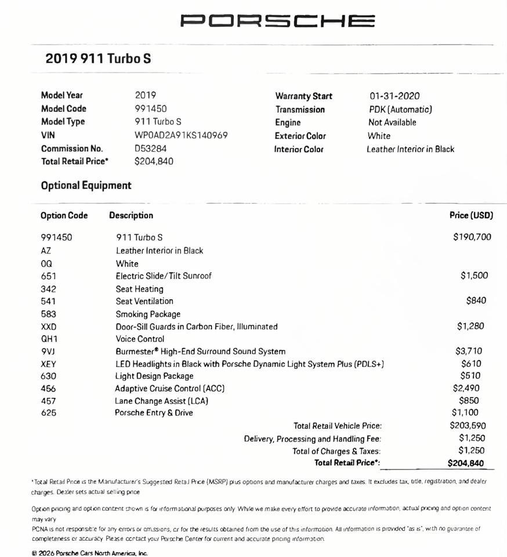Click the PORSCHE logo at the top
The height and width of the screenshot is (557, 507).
pyautogui.click(x=277, y=21)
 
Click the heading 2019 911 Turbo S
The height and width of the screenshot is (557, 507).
pyautogui.click(x=99, y=59)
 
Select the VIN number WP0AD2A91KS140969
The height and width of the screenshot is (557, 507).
pyautogui.click(x=181, y=135)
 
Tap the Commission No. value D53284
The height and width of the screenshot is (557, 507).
pyautogui.click(x=150, y=149)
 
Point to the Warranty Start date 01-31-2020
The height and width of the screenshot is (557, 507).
pyautogui.click(x=394, y=96)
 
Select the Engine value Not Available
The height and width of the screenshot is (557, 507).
pyautogui.click(x=392, y=122)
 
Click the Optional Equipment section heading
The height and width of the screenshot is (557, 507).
pyautogui.click(x=86, y=186)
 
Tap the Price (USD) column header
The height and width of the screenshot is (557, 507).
pyautogui.click(x=471, y=215)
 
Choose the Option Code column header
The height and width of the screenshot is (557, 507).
pyautogui.click(x=64, y=215)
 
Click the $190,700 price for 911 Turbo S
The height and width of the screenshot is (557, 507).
pyautogui.click(x=472, y=237)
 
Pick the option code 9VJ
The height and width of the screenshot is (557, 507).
pyautogui.click(x=48, y=352)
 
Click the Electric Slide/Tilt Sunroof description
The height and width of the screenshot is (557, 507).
pyautogui.click(x=164, y=276)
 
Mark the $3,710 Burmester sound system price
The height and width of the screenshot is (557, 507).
pyautogui.click(x=469, y=351)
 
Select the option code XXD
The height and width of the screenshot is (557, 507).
pyautogui.click(x=49, y=327)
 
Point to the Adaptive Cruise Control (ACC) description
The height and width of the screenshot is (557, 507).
pyautogui.click(x=169, y=389)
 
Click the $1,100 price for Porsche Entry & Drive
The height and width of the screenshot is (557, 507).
pyautogui.click(x=465, y=413)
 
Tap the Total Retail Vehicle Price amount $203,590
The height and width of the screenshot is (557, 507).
pyautogui.click(x=468, y=426)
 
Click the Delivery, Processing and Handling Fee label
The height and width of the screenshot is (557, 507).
pyautogui.click(x=312, y=439)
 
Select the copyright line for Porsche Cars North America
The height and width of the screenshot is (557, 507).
pyautogui.click(x=90, y=553)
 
